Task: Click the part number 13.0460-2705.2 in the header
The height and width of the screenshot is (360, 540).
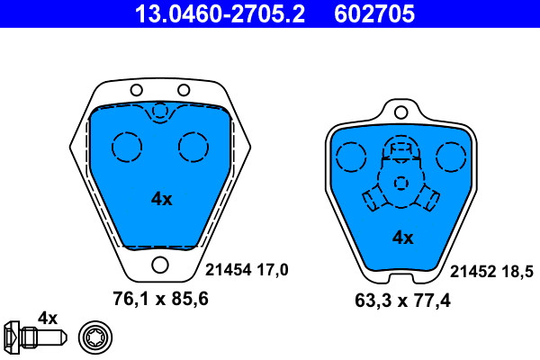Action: pyautogui.click(x=220, y=14)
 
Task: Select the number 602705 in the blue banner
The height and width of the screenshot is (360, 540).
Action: pyautogui.click(x=374, y=14)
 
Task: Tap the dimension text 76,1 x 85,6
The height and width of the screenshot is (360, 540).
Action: pyautogui.click(x=160, y=299)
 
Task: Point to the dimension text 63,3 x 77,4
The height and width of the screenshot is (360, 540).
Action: pyautogui.click(x=402, y=301)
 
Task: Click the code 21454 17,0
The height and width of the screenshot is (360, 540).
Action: pyautogui.click(x=247, y=270)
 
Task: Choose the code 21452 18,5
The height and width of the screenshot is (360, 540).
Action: pyautogui.click(x=491, y=272)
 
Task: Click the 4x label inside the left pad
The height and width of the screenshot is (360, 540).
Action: pyautogui.click(x=161, y=199)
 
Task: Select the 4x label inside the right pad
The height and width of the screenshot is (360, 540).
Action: pyautogui.click(x=403, y=238)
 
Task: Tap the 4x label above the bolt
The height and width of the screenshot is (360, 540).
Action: pyautogui.click(x=48, y=319)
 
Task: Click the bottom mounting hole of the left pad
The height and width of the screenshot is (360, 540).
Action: pyautogui.click(x=160, y=265)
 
